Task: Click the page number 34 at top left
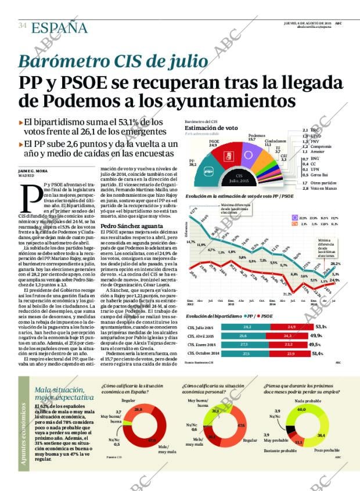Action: (22, 26)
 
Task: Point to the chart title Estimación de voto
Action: (211, 128)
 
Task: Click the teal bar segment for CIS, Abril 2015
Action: (244, 336)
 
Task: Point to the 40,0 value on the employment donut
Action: (301, 410)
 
